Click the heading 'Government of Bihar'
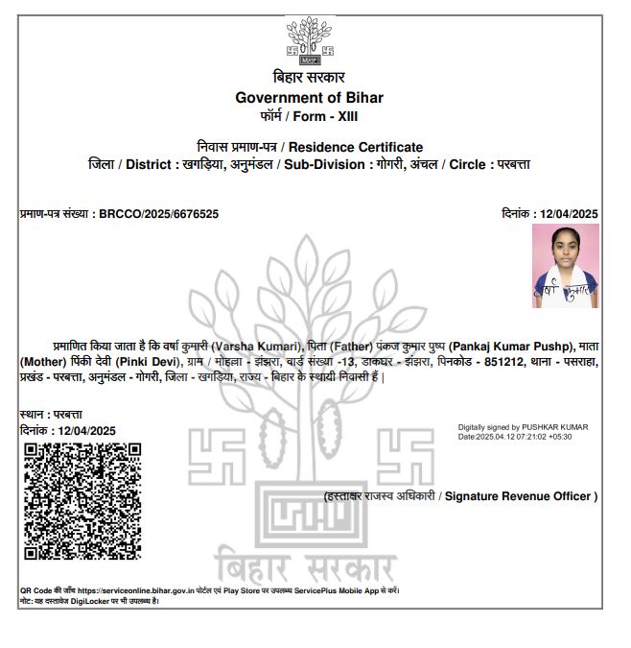coord(309,97)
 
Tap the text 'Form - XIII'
coord(332,115)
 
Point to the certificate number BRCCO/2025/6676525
coord(158,213)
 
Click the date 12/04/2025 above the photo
coord(570,213)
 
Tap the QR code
coord(82,500)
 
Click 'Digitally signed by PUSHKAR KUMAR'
coord(523,426)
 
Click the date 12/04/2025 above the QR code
coord(86,430)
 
